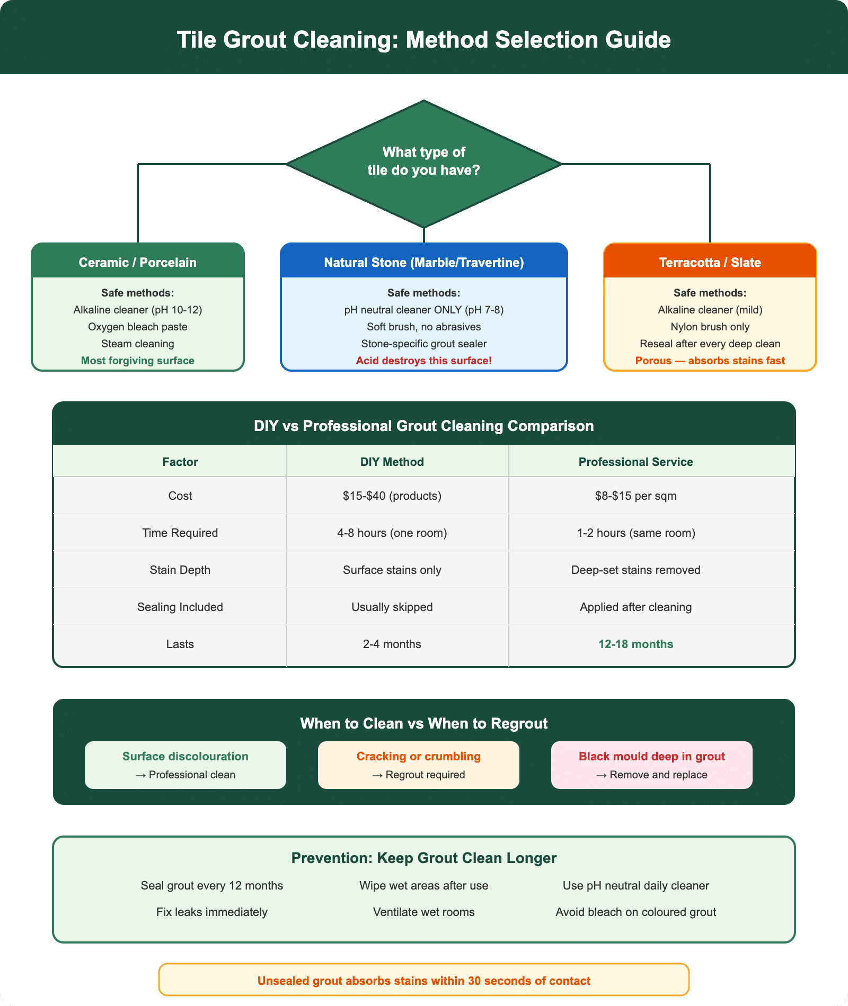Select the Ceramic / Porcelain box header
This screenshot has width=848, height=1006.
pos(138,262)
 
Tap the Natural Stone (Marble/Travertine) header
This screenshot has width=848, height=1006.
pos(424,262)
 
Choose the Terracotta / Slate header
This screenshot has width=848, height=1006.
pos(710,262)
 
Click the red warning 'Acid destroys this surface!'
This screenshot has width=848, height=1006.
pos(424,361)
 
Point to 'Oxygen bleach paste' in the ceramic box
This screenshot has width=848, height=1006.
pos(138,327)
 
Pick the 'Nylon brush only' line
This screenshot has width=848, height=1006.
pos(710,327)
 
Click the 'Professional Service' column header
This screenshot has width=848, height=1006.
pos(635,462)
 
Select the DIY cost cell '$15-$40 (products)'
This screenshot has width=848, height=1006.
pos(392,496)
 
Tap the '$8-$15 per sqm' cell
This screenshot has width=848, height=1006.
pos(635,496)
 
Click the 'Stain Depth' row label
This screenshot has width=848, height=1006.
pos(180,570)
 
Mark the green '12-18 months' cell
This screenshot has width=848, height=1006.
pos(635,644)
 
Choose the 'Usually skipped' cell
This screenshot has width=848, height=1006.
pos(392,607)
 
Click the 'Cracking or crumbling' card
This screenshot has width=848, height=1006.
pos(419,765)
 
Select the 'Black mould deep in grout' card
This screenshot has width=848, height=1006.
pos(652,765)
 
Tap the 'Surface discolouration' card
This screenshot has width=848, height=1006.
pos(185,765)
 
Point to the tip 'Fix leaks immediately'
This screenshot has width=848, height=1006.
pos(212,912)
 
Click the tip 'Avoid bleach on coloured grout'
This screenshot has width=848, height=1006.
pos(635,912)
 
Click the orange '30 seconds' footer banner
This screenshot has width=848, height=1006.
pos(424,981)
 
